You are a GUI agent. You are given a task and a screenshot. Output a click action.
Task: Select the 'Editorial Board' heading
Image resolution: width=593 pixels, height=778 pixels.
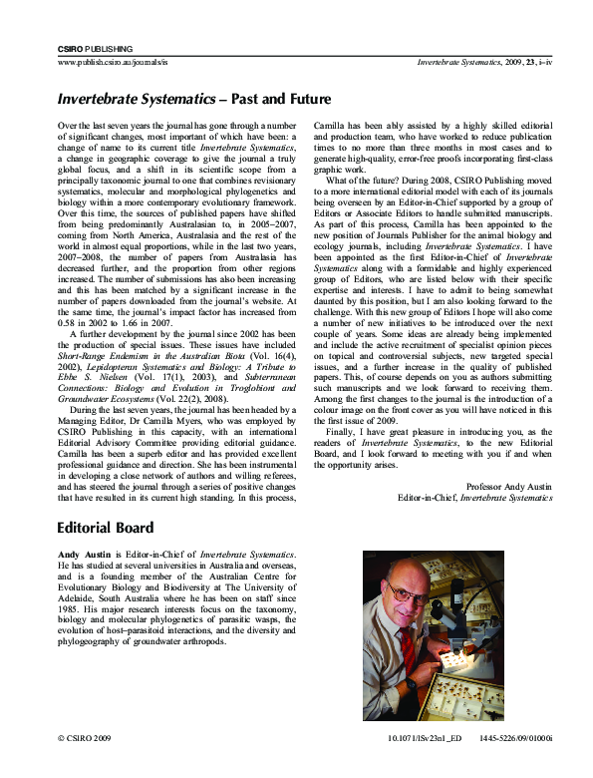[x=105, y=528]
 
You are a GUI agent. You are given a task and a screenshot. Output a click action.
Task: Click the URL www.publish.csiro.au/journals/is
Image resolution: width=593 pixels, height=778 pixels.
[x=115, y=62]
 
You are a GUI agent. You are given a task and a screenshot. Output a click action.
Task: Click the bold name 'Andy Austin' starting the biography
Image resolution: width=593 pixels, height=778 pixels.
[x=84, y=554]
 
